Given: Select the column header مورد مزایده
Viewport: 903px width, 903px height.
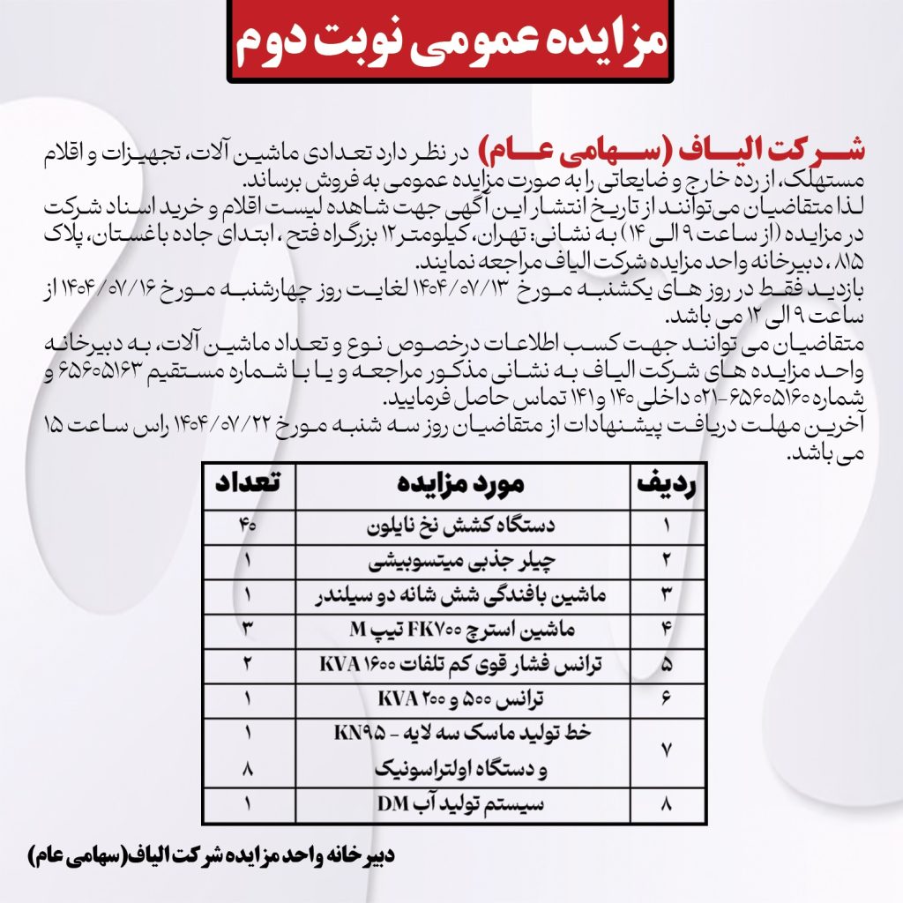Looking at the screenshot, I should coord(463,484).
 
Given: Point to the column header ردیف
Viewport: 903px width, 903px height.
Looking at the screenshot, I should coord(667,484).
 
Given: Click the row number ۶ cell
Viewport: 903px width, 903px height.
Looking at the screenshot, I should coord(667,698).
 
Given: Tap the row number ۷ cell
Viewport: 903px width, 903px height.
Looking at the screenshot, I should coord(667,751).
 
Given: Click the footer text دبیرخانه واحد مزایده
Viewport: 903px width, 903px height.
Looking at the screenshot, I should coord(212,855).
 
